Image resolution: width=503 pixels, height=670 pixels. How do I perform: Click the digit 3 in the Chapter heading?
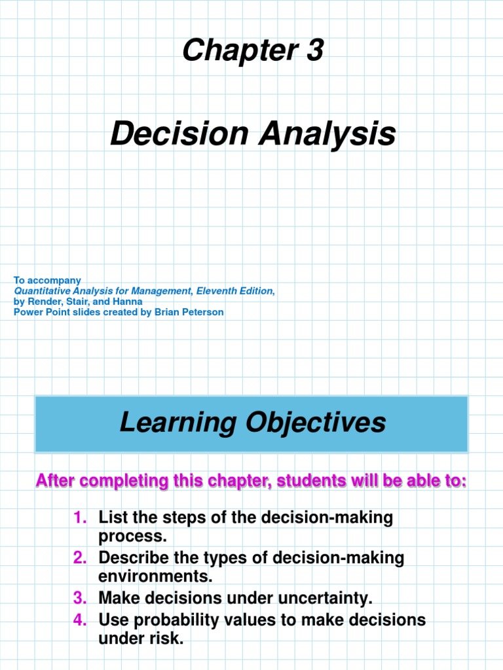tap(314, 50)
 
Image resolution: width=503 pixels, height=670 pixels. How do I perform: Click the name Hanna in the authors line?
tap(128, 302)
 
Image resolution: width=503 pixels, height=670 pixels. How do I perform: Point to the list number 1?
tap(79, 518)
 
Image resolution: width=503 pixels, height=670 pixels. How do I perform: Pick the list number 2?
tap(79, 558)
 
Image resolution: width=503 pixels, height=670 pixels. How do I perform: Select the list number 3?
tap(79, 598)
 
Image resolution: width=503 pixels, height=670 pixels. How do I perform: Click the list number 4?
tap(79, 619)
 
